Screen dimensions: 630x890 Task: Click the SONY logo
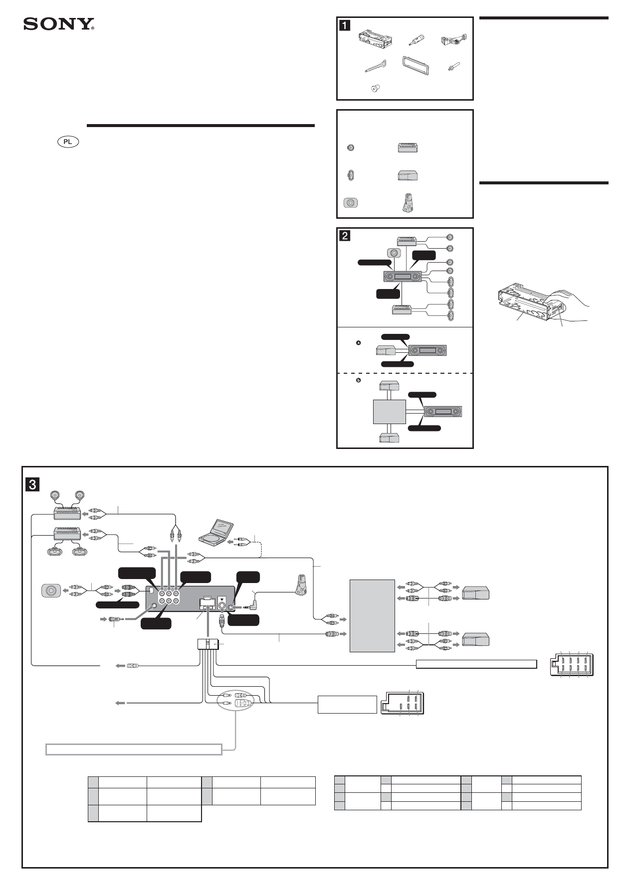59,24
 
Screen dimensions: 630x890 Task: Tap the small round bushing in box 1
375,89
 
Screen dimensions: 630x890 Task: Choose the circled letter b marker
358,381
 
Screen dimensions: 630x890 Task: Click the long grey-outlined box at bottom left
134,749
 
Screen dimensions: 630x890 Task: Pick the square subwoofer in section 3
50,592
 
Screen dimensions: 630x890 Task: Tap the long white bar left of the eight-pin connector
476,664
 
